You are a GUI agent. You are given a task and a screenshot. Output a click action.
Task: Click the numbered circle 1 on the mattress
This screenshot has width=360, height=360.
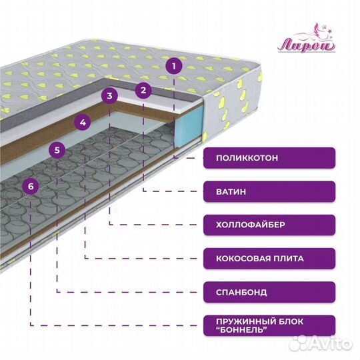tap(174, 66)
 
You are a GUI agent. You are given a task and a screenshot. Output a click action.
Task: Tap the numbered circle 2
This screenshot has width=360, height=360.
tap(143, 90)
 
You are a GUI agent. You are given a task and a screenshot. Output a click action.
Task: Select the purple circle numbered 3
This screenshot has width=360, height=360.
tap(110, 95)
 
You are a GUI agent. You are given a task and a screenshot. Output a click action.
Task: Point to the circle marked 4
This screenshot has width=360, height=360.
tap(83, 123)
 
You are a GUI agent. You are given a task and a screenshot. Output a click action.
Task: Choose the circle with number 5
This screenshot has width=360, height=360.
tap(57, 150)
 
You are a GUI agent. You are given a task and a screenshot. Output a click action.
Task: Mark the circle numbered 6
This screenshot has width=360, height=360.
tap(31, 186)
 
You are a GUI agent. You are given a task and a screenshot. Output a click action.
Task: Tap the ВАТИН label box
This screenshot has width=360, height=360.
tap(269, 191)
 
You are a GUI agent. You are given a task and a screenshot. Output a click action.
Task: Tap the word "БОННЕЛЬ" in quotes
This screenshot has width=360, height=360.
tap(242, 330)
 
